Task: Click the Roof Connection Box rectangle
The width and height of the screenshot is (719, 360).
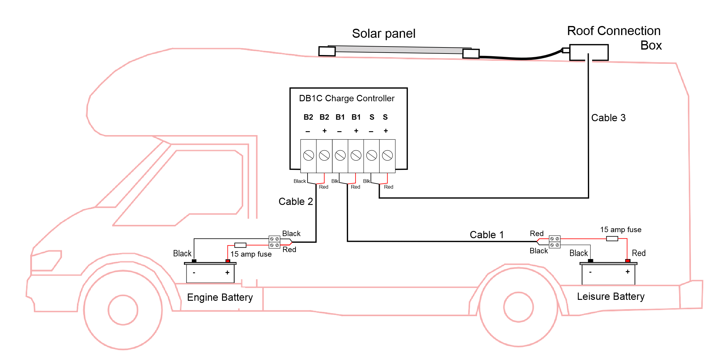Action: [588, 53]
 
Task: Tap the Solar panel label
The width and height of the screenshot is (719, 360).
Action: [383, 34]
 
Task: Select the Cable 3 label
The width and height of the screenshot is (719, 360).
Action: [608, 118]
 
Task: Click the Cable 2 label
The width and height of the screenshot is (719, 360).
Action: [295, 202]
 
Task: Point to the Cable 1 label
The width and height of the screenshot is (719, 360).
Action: [487, 235]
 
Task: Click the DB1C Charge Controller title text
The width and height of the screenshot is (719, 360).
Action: [347, 99]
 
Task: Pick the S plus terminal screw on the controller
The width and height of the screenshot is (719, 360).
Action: [387, 156]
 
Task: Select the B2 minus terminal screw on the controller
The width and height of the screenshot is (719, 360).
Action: [308, 156]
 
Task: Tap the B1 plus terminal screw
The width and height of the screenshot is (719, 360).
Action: [356, 156]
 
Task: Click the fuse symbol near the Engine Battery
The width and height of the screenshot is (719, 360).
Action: [240, 245]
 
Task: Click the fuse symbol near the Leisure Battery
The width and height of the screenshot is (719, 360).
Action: [612, 239]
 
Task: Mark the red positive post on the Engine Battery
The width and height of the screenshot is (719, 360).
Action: [228, 261]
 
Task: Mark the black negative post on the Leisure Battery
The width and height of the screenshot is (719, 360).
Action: [590, 261]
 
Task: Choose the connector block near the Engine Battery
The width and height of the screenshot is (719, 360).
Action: [274, 242]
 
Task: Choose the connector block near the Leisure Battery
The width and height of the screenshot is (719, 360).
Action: [555, 242]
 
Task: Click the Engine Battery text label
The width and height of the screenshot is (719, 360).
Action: [220, 297]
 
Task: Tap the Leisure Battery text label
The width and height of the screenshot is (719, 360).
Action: [611, 297]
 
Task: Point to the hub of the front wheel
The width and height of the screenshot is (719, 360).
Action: [123, 310]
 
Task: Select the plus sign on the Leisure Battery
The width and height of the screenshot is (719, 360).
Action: [627, 272]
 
